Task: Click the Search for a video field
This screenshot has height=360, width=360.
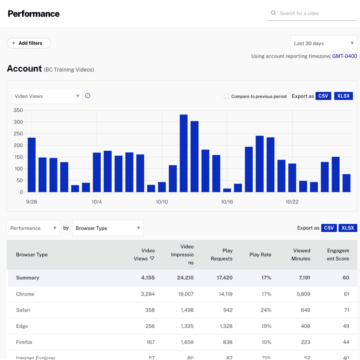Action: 312,13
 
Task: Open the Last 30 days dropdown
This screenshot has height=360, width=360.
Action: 323,43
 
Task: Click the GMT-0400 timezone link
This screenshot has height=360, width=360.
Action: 344,56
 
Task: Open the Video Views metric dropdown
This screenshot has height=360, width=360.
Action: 47,96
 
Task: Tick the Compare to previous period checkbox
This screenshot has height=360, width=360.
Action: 226,96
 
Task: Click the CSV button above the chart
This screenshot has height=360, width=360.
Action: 323,96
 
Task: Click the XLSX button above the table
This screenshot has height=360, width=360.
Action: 348,228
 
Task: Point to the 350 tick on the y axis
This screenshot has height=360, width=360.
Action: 18,110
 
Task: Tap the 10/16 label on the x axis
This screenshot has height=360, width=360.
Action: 227,202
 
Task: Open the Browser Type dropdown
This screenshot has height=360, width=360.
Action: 108,228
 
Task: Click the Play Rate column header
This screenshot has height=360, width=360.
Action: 260,254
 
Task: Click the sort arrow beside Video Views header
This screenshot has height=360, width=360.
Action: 152,258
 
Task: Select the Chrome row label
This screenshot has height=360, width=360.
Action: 25,294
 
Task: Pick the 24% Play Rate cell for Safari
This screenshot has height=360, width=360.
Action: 266,310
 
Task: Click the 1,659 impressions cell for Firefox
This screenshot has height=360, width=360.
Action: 186,342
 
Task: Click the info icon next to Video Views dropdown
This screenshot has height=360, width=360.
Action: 88,96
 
